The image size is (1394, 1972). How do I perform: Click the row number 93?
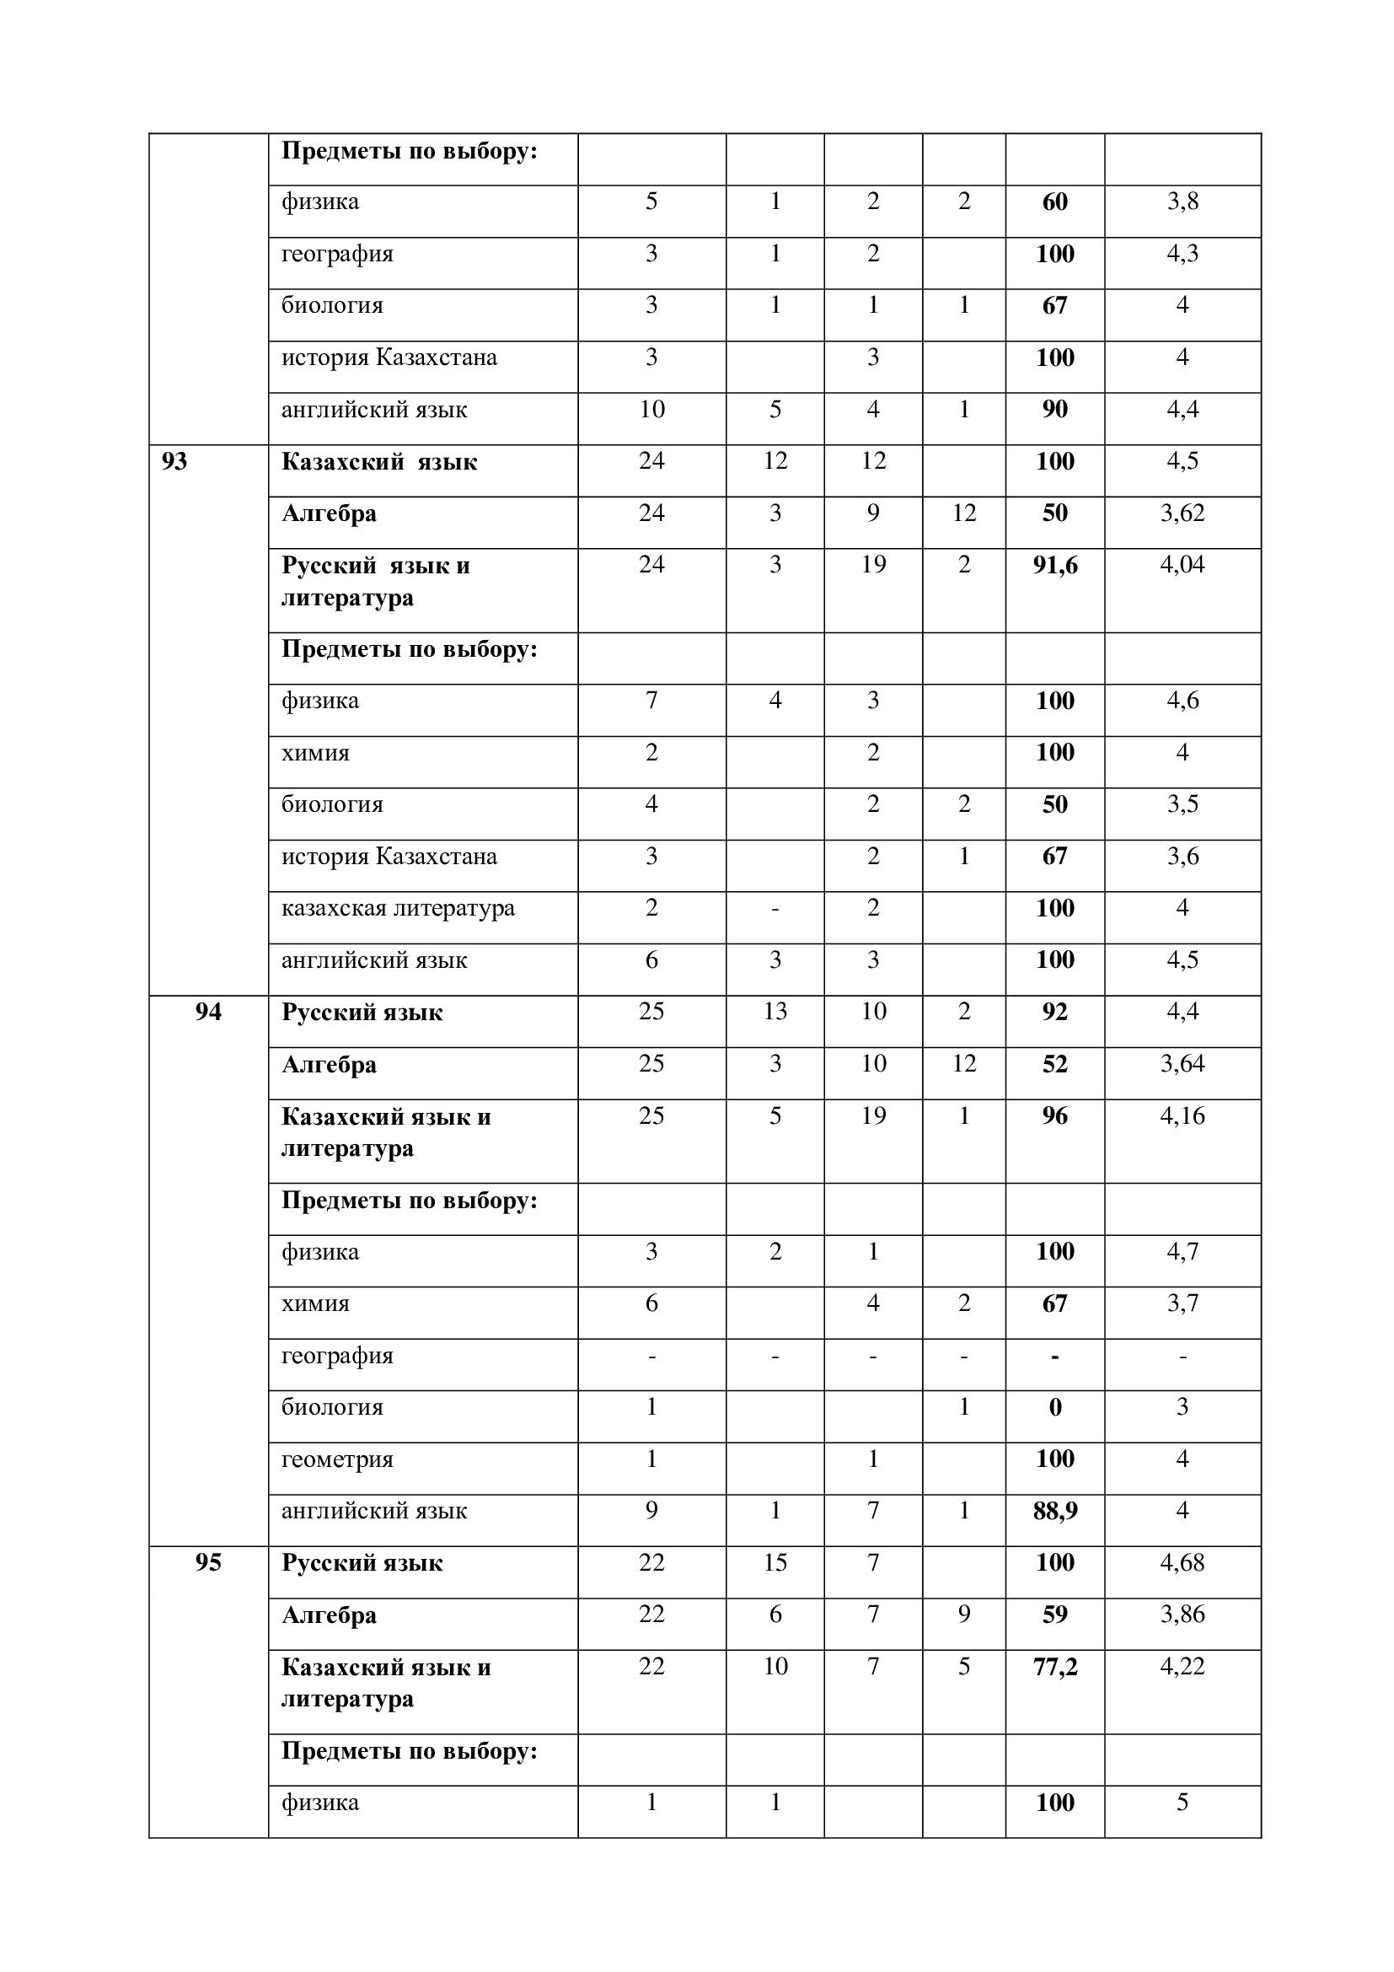tap(174, 462)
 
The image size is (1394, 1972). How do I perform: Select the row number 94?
tap(207, 1012)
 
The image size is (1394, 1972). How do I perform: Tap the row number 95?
tap(207, 1562)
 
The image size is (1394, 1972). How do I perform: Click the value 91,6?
tap(1055, 565)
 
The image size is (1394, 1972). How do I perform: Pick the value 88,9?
tap(1055, 1511)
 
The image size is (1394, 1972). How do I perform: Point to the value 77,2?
tap(1055, 1666)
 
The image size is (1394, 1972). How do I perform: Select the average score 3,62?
tap(1182, 513)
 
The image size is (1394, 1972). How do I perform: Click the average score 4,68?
tap(1182, 1562)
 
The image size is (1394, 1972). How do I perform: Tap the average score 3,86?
tap(1182, 1614)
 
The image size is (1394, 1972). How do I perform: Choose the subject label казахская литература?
tap(399, 908)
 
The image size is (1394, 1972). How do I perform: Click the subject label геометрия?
tap(337, 1459)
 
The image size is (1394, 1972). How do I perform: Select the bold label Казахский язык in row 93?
tap(379, 462)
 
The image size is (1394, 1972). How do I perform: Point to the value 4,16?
tap(1182, 1115)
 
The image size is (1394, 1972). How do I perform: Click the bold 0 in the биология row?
tap(1055, 1407)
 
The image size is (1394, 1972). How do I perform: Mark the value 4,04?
tap(1182, 564)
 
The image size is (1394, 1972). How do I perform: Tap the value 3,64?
tap(1182, 1063)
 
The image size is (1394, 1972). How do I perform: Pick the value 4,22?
tap(1182, 1666)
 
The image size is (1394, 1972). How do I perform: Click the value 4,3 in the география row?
tap(1182, 254)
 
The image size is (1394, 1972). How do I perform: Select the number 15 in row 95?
tap(775, 1562)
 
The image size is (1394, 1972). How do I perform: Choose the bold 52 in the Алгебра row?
tap(1055, 1064)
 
